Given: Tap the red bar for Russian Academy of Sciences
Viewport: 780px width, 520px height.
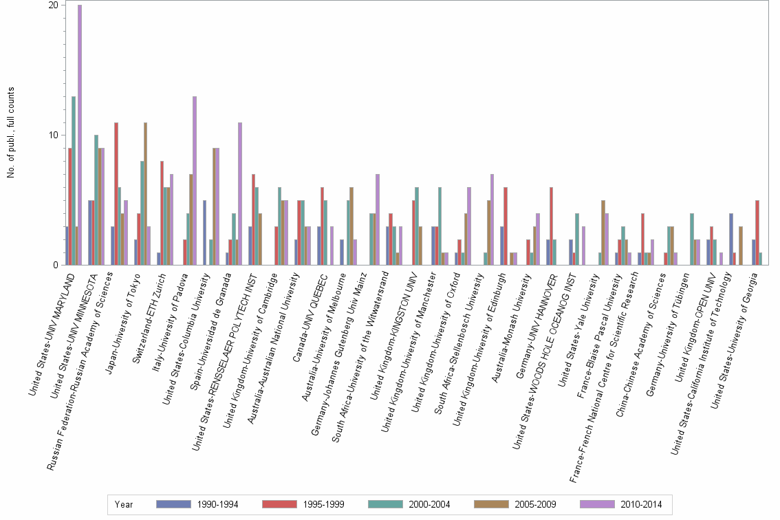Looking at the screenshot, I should coord(116,193).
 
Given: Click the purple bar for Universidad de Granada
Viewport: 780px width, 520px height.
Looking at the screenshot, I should coord(240,193).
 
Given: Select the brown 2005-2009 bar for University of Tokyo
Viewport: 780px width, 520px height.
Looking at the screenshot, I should coord(146,193).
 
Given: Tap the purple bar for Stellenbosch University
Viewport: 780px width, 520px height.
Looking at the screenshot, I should coord(492,219).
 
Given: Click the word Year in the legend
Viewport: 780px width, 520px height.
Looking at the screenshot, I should coord(124,504).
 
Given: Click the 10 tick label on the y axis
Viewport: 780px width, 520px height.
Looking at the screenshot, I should coord(54,135).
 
